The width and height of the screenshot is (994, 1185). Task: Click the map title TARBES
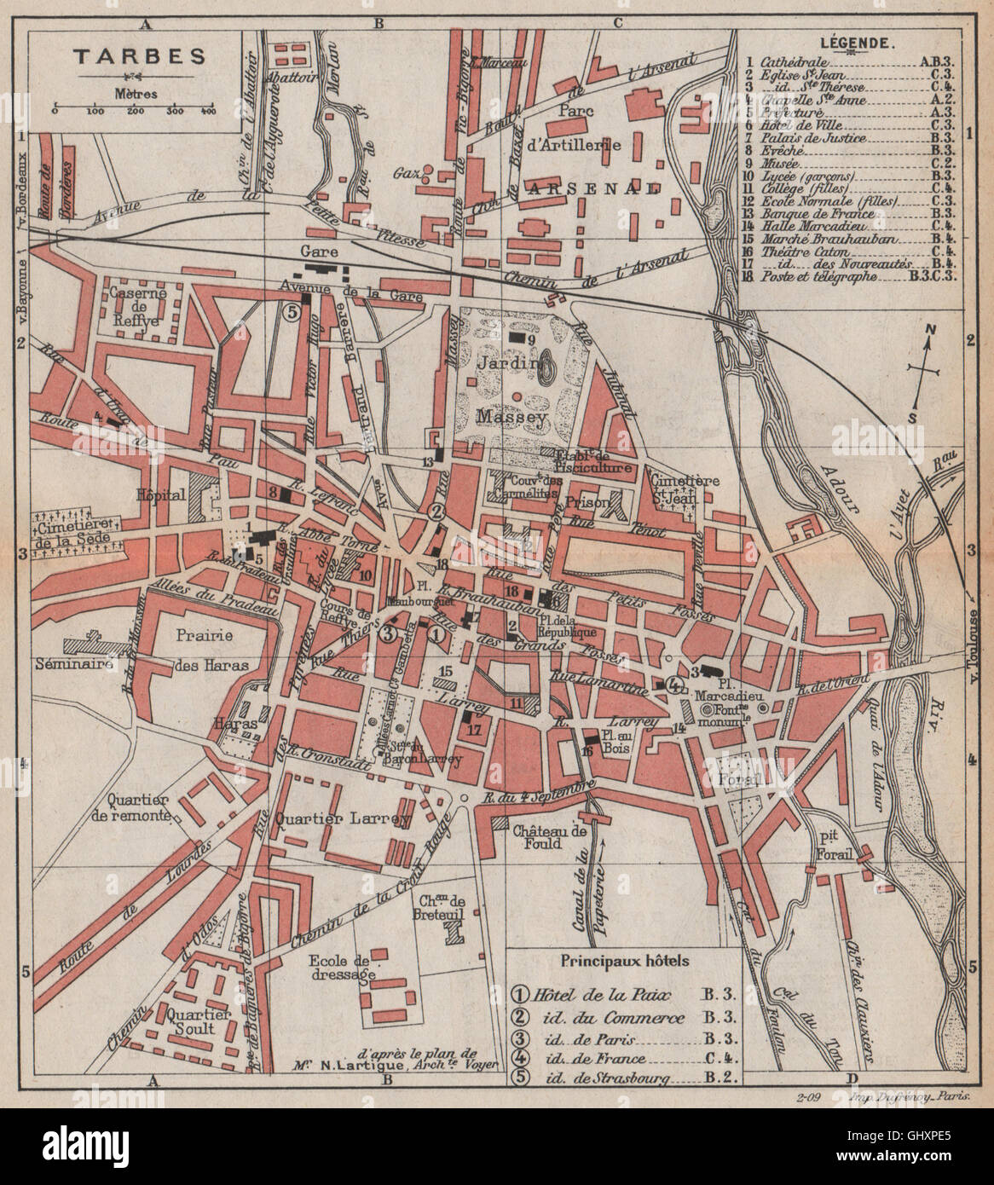click(137, 57)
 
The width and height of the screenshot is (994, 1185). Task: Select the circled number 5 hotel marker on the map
click(290, 312)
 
